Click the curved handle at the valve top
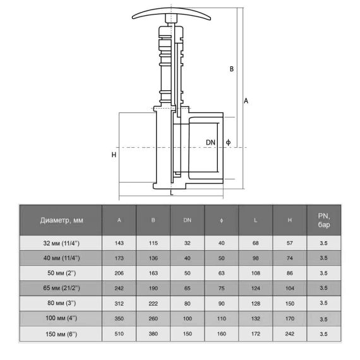(171, 11)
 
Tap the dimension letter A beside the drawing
(246, 101)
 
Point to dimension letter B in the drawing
(232, 69)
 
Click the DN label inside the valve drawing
(210, 143)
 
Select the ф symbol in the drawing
(228, 142)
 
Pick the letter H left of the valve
(114, 155)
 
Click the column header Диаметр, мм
(61, 220)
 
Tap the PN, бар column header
(324, 220)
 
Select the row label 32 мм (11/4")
(61, 243)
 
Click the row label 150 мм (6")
(61, 334)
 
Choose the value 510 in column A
(119, 334)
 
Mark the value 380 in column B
(153, 334)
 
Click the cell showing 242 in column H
(290, 334)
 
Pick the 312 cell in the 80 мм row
(119, 304)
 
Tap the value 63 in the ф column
(221, 273)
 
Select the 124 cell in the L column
(256, 289)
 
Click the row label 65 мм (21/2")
(61, 288)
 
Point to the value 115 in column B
(153, 243)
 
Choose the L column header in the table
(256, 220)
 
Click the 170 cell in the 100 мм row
(290, 319)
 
